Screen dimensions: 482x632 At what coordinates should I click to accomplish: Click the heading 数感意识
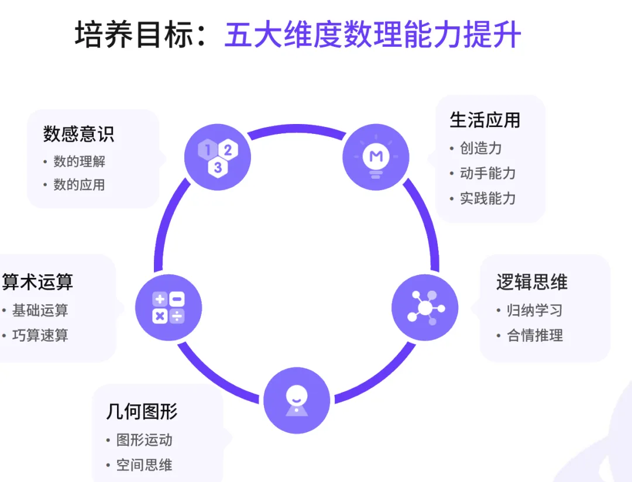(x=78, y=134)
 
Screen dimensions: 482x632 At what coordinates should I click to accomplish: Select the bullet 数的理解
(x=79, y=161)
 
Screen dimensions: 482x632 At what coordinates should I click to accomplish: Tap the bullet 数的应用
(x=79, y=185)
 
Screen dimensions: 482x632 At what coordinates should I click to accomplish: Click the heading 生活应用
(x=485, y=120)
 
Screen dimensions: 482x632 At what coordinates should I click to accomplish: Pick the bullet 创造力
(x=480, y=148)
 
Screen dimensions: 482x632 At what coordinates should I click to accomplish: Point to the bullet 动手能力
(x=487, y=173)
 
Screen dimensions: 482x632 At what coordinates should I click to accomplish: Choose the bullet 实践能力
(x=487, y=198)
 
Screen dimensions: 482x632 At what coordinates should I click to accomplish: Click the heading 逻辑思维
(x=531, y=282)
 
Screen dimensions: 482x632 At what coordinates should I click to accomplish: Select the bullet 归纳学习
(x=534, y=310)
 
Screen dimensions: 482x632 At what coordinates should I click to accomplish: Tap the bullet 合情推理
(x=534, y=335)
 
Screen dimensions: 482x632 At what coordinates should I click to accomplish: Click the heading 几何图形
(x=142, y=411)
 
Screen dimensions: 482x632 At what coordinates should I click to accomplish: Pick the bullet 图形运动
(x=144, y=439)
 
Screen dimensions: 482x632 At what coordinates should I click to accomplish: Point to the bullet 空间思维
(x=144, y=465)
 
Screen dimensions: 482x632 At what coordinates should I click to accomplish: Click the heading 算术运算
(x=37, y=282)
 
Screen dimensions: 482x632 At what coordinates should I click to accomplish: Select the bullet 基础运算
(x=40, y=310)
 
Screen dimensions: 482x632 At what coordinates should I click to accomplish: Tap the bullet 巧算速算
(x=40, y=335)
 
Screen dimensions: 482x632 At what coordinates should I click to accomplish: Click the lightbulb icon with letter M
(x=376, y=156)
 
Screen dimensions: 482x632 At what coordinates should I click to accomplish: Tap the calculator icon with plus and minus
(x=169, y=308)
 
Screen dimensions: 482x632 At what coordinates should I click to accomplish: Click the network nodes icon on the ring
(x=425, y=308)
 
